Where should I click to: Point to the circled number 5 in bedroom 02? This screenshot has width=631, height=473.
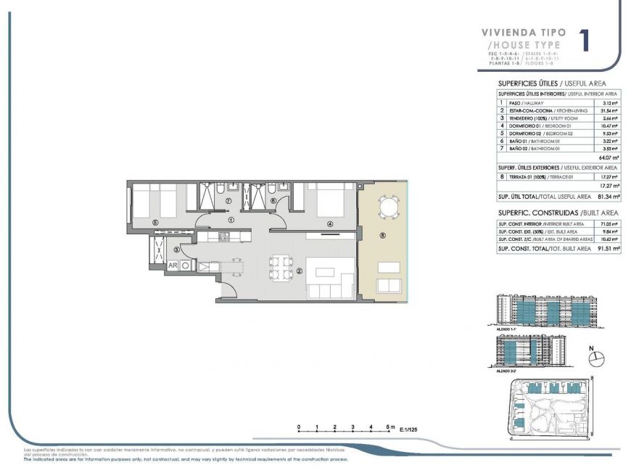click(x=154, y=222)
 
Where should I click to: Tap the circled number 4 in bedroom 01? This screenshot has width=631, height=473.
click(x=330, y=224)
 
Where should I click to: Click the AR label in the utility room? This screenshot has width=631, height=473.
click(x=173, y=266)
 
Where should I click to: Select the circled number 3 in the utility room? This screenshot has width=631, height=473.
click(x=176, y=250)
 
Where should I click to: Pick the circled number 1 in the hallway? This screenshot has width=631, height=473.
click(x=231, y=218)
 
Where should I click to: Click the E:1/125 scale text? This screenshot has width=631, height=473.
click(x=409, y=430)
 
